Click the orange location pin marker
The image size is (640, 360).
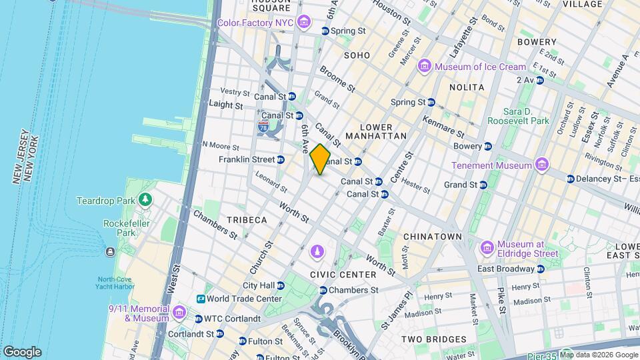click(320, 159)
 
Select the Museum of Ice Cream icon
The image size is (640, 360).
click(424, 67)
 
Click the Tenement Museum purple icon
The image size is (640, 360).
click(541, 165)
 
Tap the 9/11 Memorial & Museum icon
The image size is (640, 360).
click(179, 313)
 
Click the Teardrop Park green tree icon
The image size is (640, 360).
click(145, 200)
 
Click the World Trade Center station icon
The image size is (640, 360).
click(201, 299)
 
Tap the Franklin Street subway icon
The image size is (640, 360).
click(281, 160)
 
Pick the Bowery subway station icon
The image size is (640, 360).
click(488, 146)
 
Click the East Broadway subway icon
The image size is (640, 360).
click(540, 269)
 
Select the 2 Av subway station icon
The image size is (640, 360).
click(539, 80)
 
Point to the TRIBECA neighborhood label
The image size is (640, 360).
click(246, 220)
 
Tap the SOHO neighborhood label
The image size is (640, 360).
click(357, 55)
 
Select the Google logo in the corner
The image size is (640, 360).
click(21, 351)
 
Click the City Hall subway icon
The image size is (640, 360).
click(280, 285)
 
